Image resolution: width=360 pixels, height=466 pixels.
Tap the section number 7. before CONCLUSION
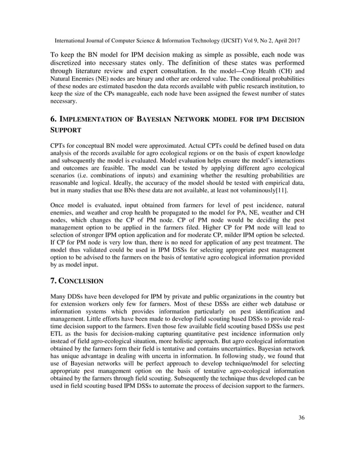[54, 280]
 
